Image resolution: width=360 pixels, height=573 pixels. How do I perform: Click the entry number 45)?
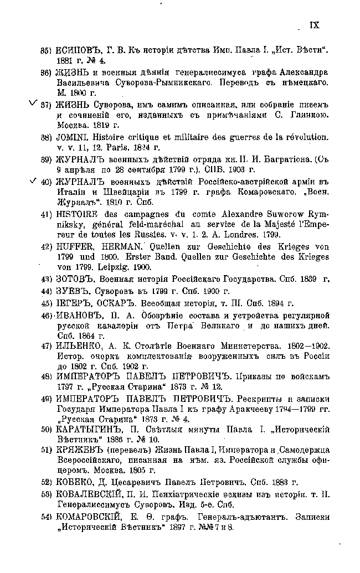(46, 303)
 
